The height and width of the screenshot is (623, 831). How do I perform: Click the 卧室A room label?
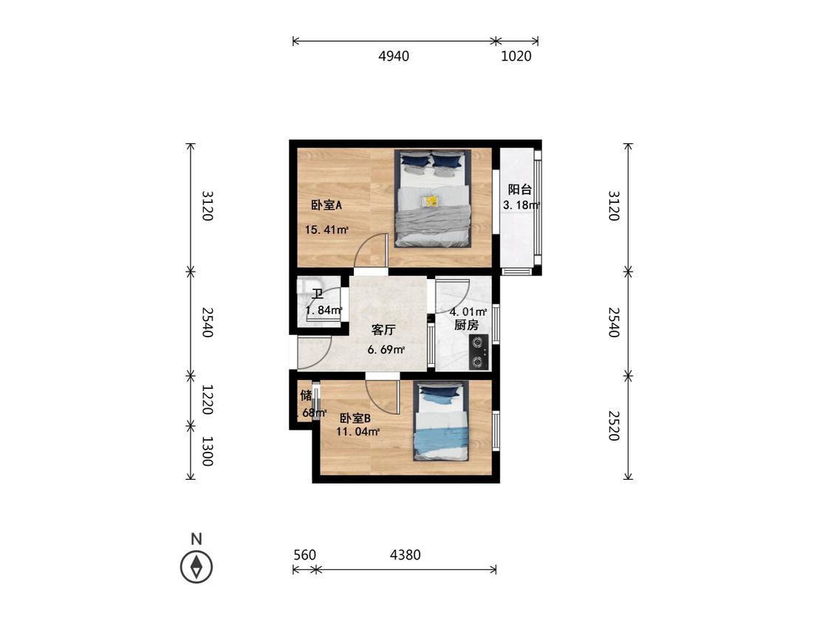pos(326,206)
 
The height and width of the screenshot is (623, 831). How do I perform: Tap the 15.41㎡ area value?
pos(326,230)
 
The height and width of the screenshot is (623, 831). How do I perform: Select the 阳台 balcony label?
pos(519,190)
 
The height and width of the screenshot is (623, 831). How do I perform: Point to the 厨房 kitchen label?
pos(466,325)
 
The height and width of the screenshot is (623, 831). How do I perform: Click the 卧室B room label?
pos(355,418)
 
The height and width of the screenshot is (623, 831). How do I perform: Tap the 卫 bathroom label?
pos(318,295)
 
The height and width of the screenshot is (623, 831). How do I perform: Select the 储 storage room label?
pos(305,396)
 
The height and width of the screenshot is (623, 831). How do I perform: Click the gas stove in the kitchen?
pos(479,351)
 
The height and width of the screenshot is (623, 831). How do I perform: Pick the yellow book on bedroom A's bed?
pos(431,201)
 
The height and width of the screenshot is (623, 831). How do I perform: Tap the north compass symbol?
pos(196,566)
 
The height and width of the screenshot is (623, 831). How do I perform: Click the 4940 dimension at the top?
pos(394,56)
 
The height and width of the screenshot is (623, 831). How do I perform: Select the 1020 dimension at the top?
pos(516,56)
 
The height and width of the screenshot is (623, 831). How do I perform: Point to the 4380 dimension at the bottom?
pos(405,554)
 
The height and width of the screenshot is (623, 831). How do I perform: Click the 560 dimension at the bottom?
pos(304,554)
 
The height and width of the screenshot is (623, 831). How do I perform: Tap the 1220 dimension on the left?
pos(208,399)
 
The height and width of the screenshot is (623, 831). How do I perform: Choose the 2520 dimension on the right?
pos(612,425)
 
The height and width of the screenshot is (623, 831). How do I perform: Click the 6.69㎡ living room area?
pos(386,349)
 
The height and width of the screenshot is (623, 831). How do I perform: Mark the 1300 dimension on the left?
pos(208,451)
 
